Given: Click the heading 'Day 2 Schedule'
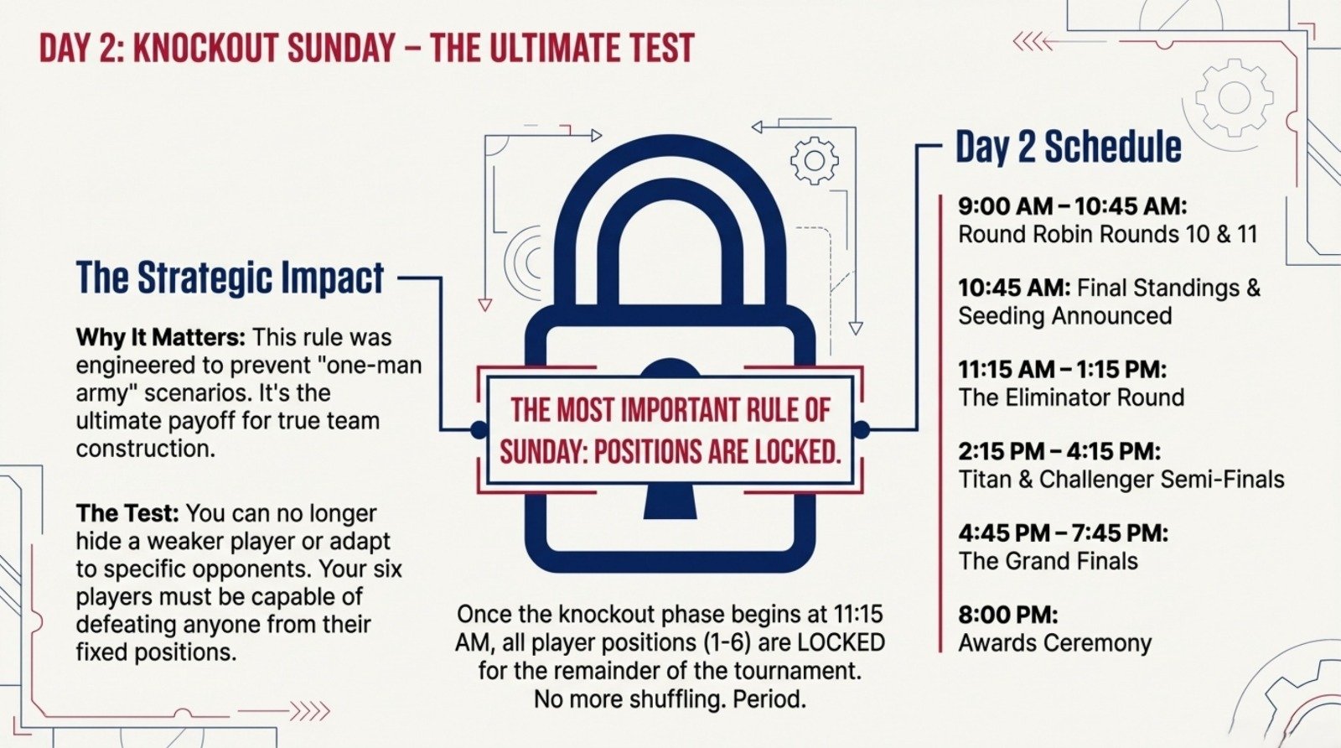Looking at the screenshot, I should point(1069,147).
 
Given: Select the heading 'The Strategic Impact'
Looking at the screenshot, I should point(230,278).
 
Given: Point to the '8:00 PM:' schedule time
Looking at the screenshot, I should point(1008,615).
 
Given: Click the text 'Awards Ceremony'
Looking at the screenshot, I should point(1055,643).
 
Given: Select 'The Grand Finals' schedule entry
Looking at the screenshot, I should point(1048,561).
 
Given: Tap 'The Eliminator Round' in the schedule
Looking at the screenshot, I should point(1071,397).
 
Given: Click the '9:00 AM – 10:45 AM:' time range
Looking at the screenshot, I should point(1073,206).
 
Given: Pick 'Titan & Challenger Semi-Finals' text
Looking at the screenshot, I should point(1121,480).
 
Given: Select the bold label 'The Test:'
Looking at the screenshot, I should point(127,513).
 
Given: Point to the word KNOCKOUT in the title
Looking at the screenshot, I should point(205,49).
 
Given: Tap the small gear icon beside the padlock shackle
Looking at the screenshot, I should point(814,159).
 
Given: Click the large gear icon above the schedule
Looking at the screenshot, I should point(1234,97).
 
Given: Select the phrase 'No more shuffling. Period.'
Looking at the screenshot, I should point(670,699).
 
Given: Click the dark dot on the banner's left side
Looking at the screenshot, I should point(479,430).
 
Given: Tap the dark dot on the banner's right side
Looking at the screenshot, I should point(861,430).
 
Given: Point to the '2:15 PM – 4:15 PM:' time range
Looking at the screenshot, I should point(1059,452).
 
